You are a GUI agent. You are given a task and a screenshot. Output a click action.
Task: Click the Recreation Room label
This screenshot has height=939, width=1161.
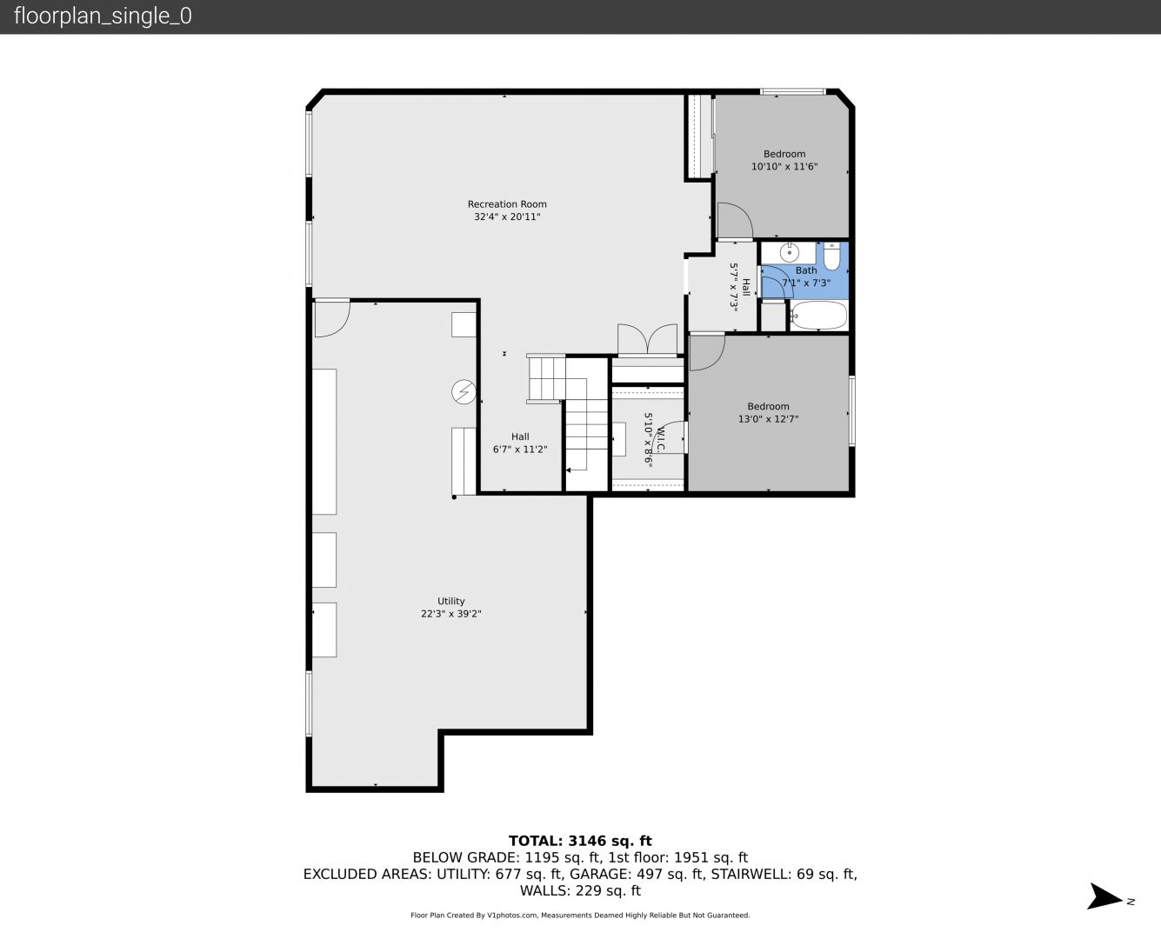[x=507, y=203]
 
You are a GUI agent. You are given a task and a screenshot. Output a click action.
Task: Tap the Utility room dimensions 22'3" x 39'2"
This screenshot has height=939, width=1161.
[x=450, y=614]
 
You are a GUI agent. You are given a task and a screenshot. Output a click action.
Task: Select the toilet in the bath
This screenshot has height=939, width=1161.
[x=831, y=256]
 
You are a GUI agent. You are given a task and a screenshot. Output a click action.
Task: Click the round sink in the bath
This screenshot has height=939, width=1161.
[x=790, y=252]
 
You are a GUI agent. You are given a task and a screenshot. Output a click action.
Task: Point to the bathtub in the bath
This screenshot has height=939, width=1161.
[x=818, y=316]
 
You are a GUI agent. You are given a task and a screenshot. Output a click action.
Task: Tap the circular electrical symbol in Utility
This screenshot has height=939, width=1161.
[x=464, y=392]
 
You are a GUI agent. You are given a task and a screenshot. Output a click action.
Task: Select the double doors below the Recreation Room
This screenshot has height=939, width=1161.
[x=648, y=340]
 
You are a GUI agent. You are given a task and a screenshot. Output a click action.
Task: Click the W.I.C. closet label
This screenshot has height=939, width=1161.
[x=661, y=439]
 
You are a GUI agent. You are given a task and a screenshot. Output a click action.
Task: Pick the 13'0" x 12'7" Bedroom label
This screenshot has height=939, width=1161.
[x=768, y=412]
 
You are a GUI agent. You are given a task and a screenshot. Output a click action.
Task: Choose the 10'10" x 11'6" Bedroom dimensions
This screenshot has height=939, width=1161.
[x=784, y=167]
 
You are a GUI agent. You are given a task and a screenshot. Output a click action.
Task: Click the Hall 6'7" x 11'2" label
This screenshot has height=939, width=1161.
[x=520, y=443]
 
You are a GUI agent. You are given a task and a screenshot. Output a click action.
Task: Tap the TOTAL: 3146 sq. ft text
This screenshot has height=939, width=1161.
[x=580, y=841]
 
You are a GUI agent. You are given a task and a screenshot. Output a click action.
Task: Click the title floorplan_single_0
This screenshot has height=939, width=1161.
[x=103, y=16]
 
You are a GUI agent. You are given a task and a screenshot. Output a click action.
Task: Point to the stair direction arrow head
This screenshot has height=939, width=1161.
[x=569, y=469]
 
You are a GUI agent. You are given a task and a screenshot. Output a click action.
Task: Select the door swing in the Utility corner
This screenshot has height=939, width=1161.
[x=332, y=317]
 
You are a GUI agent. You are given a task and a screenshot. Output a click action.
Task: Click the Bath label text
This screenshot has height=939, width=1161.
[x=806, y=270]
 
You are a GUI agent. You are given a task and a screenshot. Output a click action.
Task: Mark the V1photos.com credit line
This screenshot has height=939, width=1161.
[x=580, y=916]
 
